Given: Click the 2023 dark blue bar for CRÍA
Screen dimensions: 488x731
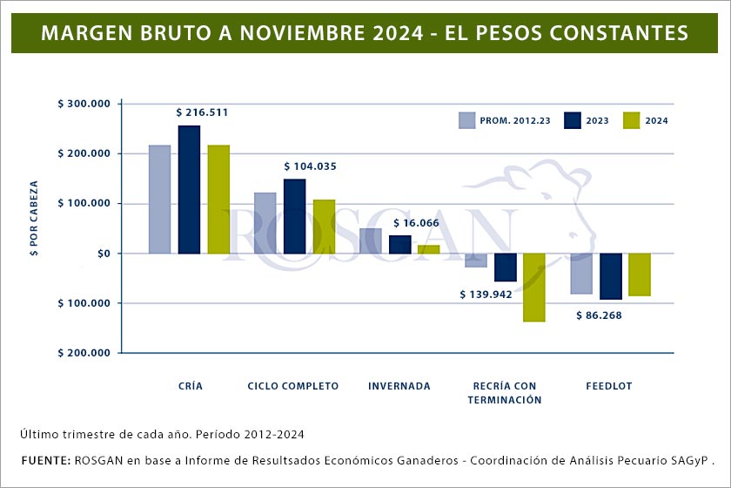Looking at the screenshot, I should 189,190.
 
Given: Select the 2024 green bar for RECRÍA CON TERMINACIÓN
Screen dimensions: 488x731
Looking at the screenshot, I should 534,288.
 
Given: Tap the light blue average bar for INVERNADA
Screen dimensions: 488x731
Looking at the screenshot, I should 371,241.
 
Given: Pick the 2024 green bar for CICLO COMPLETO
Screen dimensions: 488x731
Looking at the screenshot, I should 324,227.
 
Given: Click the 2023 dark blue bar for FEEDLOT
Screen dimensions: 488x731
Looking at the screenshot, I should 611,276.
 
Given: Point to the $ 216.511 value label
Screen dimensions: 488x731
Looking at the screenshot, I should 202,112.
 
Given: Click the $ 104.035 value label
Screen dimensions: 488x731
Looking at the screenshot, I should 310,166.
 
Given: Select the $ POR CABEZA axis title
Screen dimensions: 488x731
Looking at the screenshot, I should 34,220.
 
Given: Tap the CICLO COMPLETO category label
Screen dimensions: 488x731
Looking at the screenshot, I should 293,386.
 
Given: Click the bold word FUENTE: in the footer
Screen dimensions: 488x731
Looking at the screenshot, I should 43,458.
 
